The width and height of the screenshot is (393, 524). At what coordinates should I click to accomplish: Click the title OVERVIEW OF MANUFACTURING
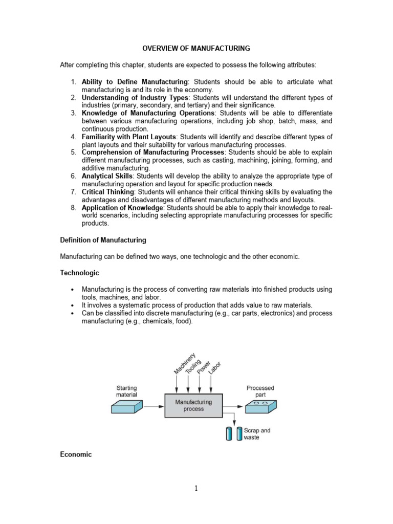(196, 49)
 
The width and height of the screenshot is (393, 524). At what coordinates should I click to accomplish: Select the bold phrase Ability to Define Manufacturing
(135, 82)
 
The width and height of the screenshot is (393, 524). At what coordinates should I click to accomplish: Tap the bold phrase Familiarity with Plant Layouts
(128, 137)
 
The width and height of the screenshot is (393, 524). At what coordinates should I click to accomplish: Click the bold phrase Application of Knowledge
(122, 208)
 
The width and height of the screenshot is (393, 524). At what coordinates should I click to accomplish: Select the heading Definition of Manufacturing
(103, 239)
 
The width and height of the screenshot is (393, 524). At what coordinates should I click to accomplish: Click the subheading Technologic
(79, 273)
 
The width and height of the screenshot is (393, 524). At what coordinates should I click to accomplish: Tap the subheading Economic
(76, 454)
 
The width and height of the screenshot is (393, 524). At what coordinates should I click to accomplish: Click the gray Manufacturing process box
(193, 406)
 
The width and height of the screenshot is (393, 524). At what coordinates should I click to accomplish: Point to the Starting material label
(127, 391)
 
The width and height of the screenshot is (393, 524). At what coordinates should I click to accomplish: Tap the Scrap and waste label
(258, 434)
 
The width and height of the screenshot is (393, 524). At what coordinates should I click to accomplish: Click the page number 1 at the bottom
(196, 502)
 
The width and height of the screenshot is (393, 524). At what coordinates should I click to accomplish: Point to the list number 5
(74, 152)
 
